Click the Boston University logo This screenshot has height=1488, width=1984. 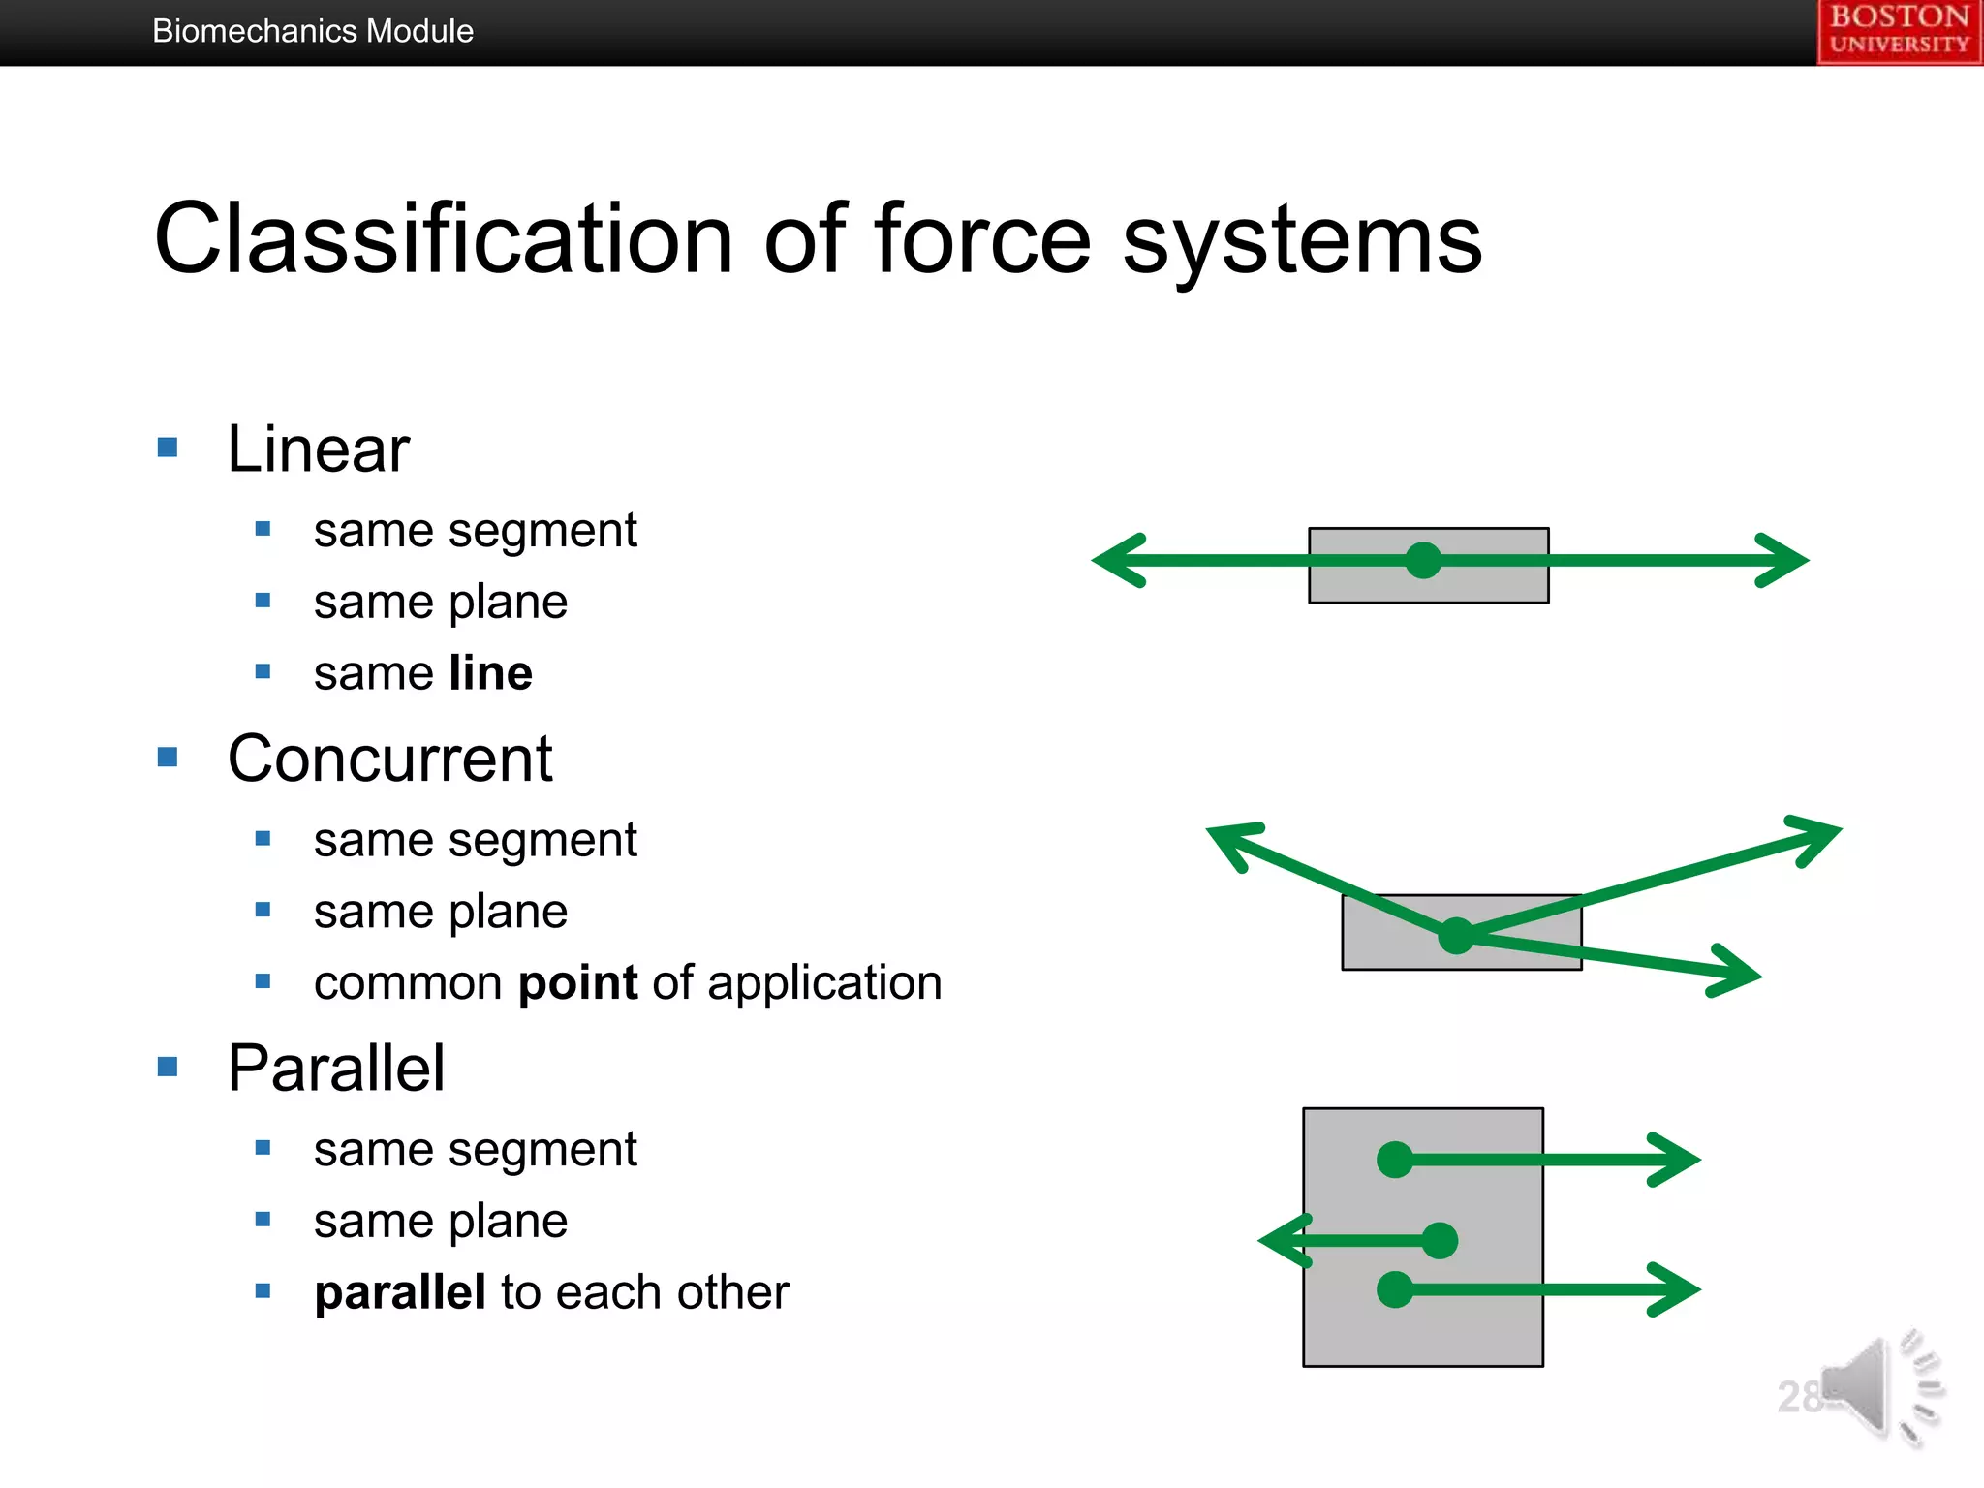pos(1899,31)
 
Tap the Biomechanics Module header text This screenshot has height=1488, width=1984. pos(312,31)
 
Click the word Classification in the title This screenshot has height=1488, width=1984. pos(443,239)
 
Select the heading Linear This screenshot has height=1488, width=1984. pos(318,449)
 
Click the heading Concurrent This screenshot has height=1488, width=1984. pos(389,759)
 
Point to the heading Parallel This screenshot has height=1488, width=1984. pos(336,1069)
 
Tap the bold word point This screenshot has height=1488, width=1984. pos(578,983)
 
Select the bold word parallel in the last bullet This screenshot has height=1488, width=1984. pos(400,1292)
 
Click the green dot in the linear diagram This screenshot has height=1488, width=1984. pos(1423,560)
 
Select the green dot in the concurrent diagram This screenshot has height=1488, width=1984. pos(1456,935)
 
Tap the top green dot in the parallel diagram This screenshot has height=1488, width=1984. pos(1395,1159)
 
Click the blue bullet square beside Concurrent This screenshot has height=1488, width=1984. pos(168,757)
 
